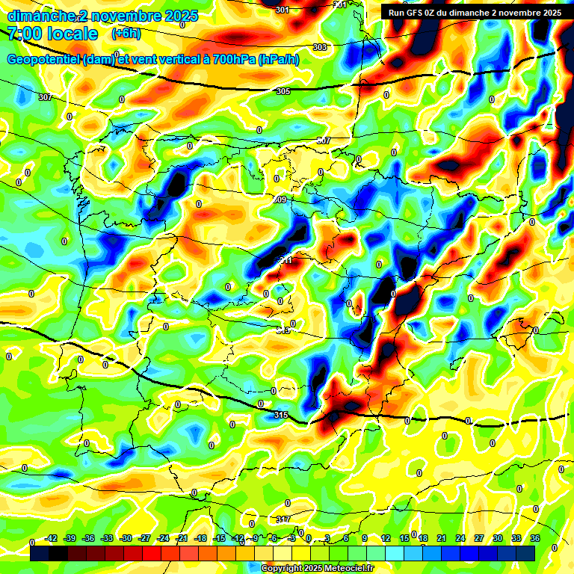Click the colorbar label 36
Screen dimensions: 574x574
[x=534, y=538]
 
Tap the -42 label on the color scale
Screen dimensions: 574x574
[x=52, y=538]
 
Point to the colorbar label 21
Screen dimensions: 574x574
[x=442, y=538]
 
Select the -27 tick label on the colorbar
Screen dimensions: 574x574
[x=145, y=538]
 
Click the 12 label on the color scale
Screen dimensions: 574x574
[x=386, y=538]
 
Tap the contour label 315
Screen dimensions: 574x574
[x=281, y=415]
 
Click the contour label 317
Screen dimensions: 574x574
[x=283, y=519]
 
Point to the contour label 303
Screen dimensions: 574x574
[x=320, y=47]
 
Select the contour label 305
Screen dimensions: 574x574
[x=283, y=91]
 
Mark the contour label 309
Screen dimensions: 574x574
[x=280, y=200]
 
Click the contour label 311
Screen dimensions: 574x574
[x=286, y=260]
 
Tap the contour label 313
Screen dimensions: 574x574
[x=283, y=330]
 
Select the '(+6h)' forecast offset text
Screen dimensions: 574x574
[x=126, y=34]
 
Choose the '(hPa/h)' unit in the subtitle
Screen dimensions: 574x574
[x=279, y=59]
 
